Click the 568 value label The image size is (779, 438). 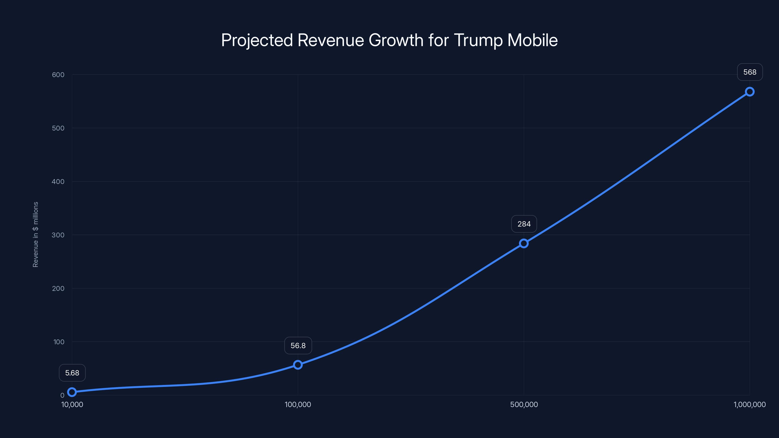(x=750, y=72)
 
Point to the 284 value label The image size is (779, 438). (x=524, y=224)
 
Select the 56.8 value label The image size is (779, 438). (x=298, y=346)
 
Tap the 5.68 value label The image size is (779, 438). (x=72, y=373)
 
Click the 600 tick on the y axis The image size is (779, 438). (x=58, y=75)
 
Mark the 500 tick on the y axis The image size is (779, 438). (x=58, y=128)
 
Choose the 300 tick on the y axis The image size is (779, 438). (x=58, y=235)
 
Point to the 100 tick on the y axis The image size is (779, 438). (x=59, y=342)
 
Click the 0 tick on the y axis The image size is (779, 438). (x=62, y=395)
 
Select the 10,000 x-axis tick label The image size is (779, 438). (x=72, y=404)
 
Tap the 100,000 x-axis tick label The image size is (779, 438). (x=298, y=404)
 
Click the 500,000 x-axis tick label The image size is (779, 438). (x=524, y=404)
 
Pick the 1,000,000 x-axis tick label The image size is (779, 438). (x=749, y=404)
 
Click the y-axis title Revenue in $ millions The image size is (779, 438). (x=35, y=235)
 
